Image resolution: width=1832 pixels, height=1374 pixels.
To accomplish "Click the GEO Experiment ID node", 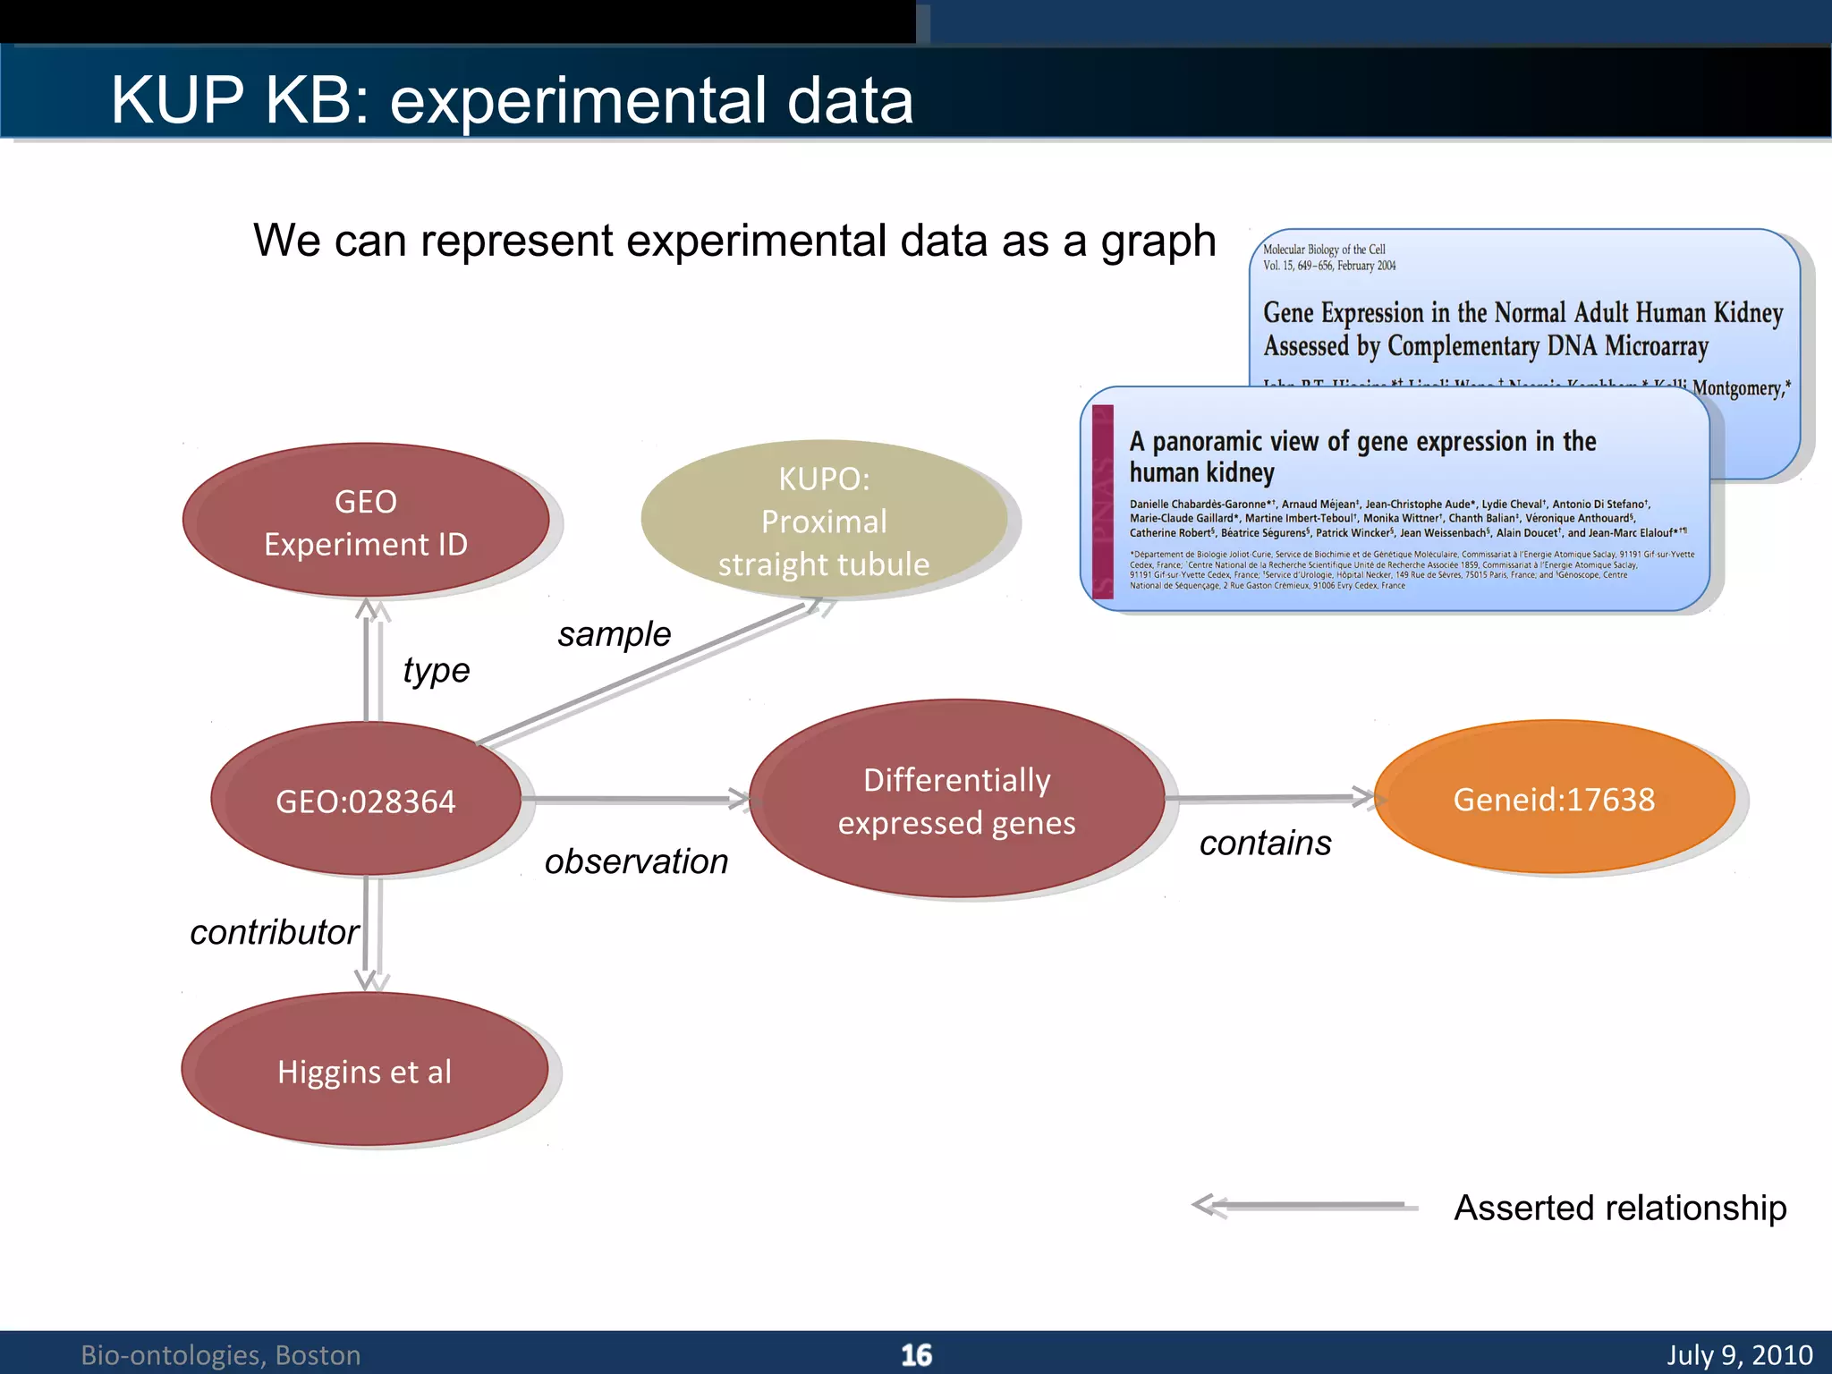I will (x=365, y=522).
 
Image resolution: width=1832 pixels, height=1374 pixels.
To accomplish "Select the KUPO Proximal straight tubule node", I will (x=824, y=522).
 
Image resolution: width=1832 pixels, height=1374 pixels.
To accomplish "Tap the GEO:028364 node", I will (x=365, y=801).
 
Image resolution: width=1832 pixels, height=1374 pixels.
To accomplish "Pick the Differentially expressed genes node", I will (x=956, y=801).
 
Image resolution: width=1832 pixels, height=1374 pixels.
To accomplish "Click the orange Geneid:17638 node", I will (x=1554, y=799).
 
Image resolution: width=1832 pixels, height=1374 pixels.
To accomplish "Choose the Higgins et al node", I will (x=364, y=1071).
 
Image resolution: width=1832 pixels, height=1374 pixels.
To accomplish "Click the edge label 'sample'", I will (x=614, y=634).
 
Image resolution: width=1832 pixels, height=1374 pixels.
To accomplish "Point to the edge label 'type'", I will (x=436, y=670).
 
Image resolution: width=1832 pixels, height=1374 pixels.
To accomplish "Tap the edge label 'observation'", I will (x=636, y=861).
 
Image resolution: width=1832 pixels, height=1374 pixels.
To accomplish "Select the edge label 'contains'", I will (x=1265, y=843).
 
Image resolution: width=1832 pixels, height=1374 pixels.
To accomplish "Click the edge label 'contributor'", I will (x=274, y=932).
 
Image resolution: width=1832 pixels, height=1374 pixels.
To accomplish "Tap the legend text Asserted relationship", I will (x=1620, y=1208).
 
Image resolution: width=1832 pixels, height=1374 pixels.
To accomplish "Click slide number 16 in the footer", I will (x=916, y=1355).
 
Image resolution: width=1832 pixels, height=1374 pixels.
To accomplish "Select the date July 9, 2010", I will (x=1739, y=1355).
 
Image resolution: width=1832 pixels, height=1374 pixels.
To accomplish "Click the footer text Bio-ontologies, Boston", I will (x=221, y=1355).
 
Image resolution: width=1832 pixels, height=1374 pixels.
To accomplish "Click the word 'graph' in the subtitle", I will (x=1158, y=242).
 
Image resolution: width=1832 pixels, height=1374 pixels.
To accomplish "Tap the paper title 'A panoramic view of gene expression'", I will (x=1361, y=442).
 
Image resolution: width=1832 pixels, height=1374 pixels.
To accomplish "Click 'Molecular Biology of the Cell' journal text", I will (x=1324, y=250).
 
